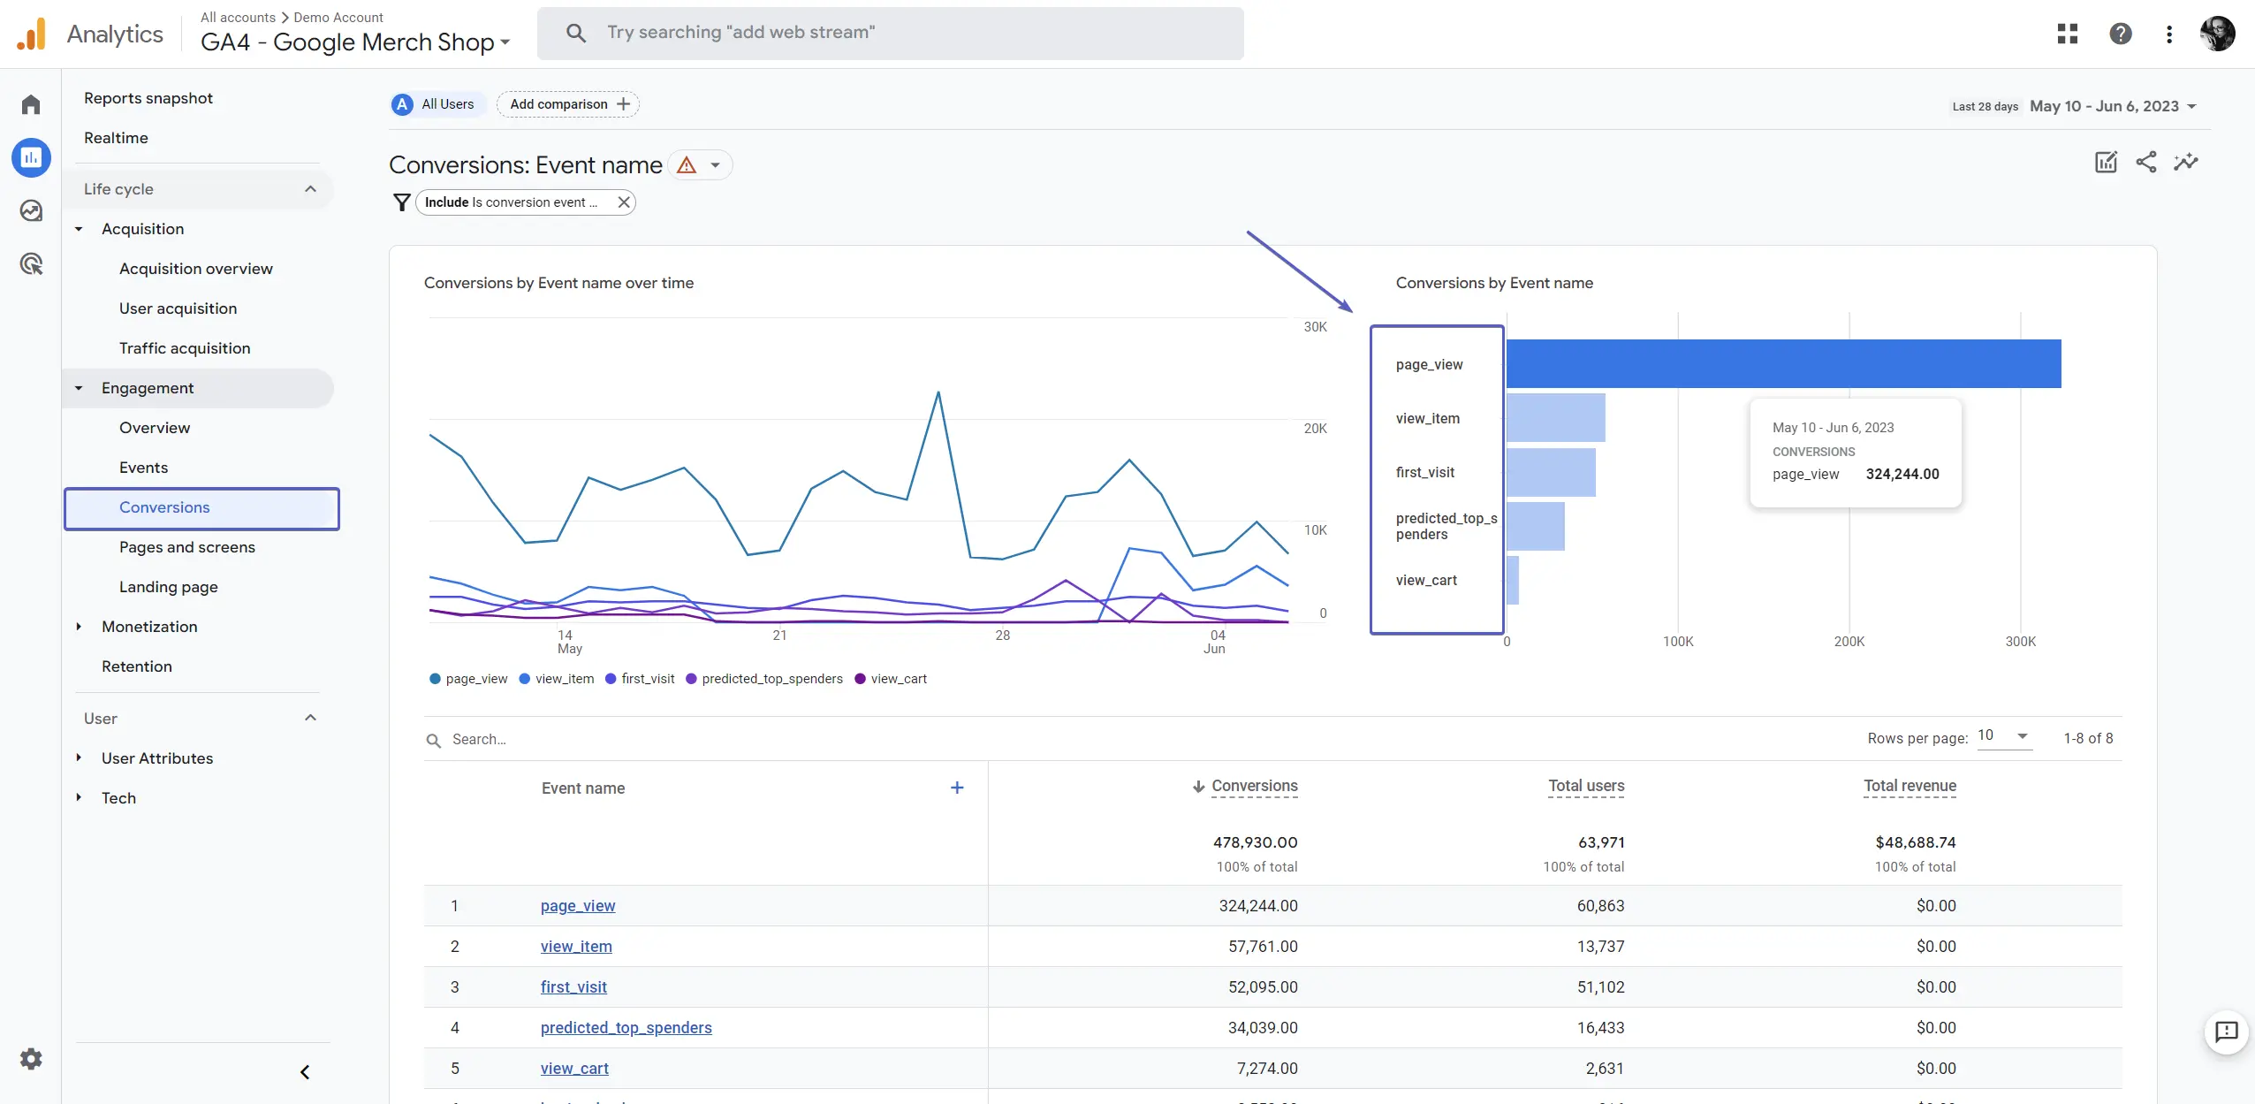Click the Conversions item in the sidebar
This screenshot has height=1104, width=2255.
pyautogui.click(x=165, y=507)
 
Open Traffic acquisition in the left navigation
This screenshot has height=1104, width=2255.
pyautogui.click(x=185, y=348)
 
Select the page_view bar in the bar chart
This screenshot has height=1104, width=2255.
pyautogui.click(x=1783, y=364)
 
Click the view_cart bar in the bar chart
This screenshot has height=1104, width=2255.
pyautogui.click(x=1513, y=580)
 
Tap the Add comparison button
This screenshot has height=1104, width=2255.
pyautogui.click(x=568, y=104)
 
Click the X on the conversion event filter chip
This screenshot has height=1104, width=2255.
pyautogui.click(x=624, y=202)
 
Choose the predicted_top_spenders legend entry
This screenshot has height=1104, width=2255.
pyautogui.click(x=771, y=679)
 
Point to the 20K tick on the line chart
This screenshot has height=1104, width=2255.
pyautogui.click(x=1315, y=429)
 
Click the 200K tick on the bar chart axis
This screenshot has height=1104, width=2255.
pyautogui.click(x=1849, y=642)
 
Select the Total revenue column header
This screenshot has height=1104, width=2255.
pyautogui.click(x=1910, y=786)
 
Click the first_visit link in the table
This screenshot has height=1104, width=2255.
pyautogui.click(x=573, y=987)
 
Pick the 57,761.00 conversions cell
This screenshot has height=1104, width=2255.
pyautogui.click(x=1263, y=947)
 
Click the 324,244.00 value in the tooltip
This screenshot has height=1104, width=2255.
pyautogui.click(x=1902, y=474)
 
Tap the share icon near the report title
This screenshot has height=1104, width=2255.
pyautogui.click(x=2145, y=162)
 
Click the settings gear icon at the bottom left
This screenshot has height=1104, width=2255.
pyautogui.click(x=31, y=1059)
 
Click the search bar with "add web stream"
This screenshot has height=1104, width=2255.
pyautogui.click(x=890, y=33)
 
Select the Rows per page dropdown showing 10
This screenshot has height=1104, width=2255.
pyautogui.click(x=2003, y=736)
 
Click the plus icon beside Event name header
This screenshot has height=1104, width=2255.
pyautogui.click(x=957, y=788)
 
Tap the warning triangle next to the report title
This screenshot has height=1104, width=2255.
pyautogui.click(x=687, y=165)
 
